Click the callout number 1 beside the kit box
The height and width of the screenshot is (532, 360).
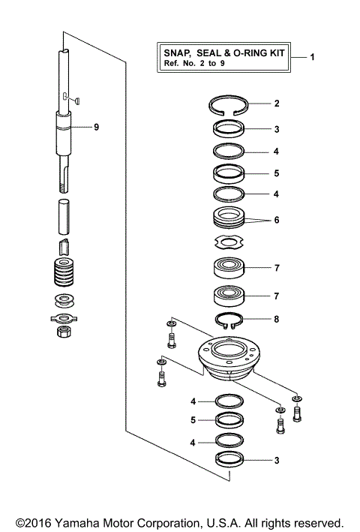[313, 58]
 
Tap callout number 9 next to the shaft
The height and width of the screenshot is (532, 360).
[96, 128]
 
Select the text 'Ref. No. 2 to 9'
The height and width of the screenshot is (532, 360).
[195, 65]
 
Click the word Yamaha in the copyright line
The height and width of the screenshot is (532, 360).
[77, 522]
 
